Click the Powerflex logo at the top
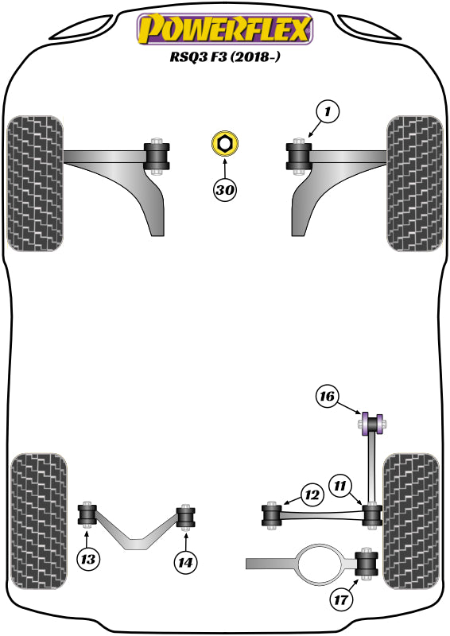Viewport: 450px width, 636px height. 225,29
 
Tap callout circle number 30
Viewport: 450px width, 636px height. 225,190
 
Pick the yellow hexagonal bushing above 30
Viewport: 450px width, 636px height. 225,145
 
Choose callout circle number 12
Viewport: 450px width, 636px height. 311,495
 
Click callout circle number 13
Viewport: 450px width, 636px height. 88,560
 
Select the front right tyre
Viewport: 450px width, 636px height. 414,183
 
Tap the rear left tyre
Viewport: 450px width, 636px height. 34,520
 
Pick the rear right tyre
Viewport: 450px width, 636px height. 410,520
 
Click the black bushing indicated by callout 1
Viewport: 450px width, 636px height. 300,156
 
